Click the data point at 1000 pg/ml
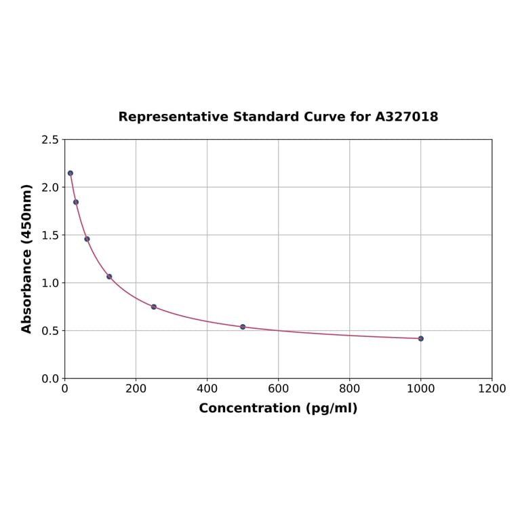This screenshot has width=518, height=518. tap(420, 338)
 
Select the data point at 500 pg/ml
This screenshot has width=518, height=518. tap(243, 327)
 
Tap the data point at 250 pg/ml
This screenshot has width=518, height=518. tap(154, 307)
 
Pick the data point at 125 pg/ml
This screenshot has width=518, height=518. tap(109, 277)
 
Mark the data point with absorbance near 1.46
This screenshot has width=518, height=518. tap(87, 239)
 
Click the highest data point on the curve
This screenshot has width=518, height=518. tap(71, 173)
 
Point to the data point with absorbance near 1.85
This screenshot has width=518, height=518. tap(76, 202)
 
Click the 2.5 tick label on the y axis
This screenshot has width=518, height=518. tap(50, 140)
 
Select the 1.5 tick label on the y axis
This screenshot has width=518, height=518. tap(50, 235)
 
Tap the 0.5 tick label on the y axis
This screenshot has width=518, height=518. tap(50, 331)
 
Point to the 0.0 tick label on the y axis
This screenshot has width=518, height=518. tap(50, 378)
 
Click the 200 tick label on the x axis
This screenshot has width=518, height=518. tap(136, 388)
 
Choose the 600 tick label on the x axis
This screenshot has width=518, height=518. tap(278, 388)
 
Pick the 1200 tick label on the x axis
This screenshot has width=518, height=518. tap(492, 388)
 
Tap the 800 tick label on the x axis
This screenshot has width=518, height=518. tap(349, 388)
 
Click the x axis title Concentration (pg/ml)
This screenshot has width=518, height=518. tap(278, 408)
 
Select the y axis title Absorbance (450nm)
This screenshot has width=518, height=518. tap(27, 258)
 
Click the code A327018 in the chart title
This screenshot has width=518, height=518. tap(406, 117)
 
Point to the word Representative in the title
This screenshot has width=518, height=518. tap(173, 117)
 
